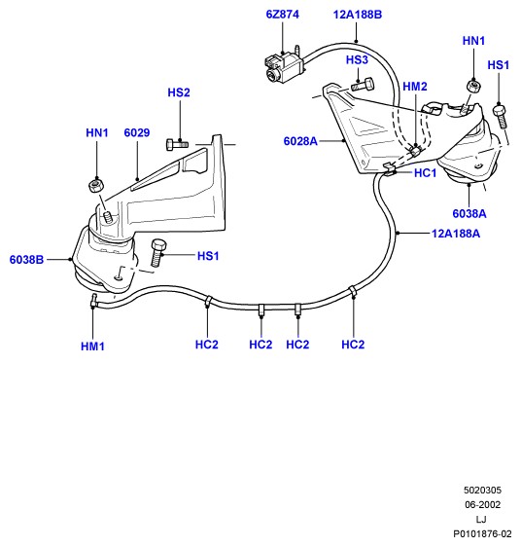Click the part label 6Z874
[282, 15]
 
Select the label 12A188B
[357, 15]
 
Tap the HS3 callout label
[357, 59]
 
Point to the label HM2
[415, 87]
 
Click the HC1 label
[425, 172]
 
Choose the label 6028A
[300, 141]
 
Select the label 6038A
[469, 213]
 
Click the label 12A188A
[456, 233]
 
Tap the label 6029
[137, 132]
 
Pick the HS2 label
[179, 92]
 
